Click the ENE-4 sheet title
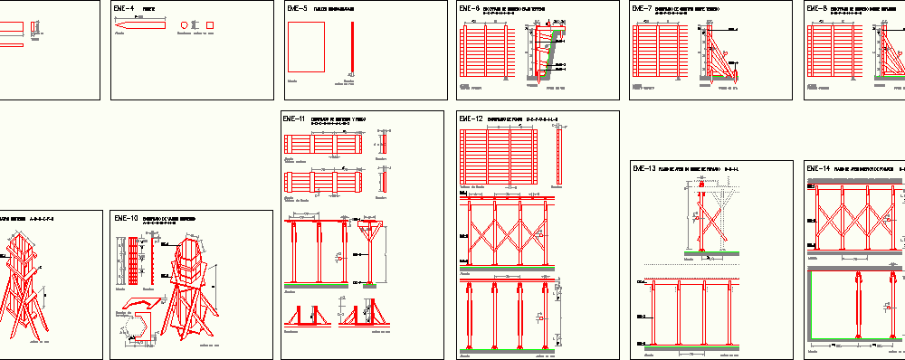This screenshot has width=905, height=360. tap(124, 9)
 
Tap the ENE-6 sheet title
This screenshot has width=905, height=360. tap(470, 9)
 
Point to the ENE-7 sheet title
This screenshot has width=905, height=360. tap(643, 9)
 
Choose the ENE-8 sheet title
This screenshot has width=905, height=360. tap(816, 9)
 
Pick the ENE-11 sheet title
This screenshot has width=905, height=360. tap(295, 118)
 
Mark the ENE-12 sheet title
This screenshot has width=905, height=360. tap(471, 118)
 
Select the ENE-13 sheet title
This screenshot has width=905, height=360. tap(644, 168)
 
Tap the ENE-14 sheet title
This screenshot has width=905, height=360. tap(817, 168)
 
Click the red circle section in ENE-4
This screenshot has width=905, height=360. tap(192, 26)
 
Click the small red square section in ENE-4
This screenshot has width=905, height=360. tap(211, 26)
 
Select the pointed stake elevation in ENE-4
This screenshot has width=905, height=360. tap(140, 26)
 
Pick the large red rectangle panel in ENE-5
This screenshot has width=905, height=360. tap(306, 47)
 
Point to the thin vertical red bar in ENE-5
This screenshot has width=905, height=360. tap(351, 47)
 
